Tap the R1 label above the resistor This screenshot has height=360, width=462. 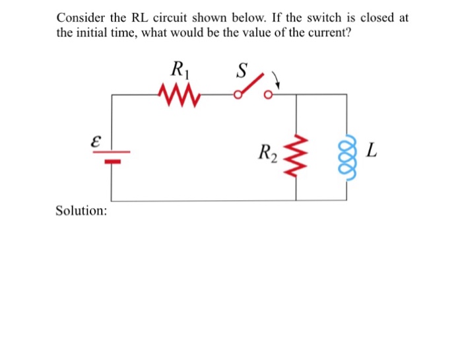[178, 69]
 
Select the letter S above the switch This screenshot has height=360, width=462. [242, 69]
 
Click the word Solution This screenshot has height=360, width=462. [82, 211]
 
